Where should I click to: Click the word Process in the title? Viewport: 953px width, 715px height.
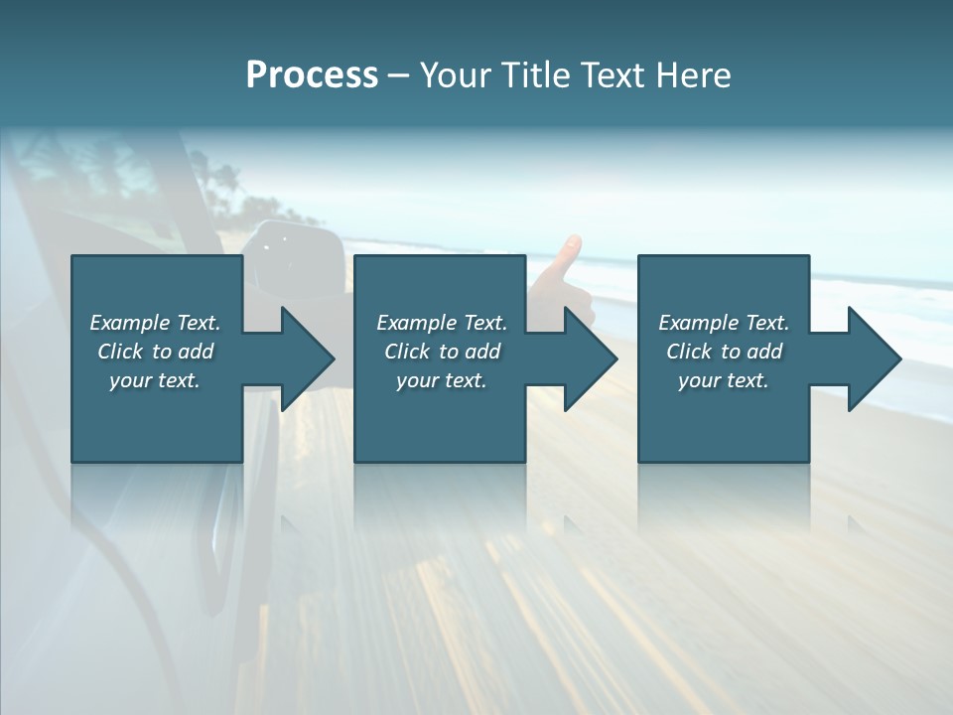tap(312, 75)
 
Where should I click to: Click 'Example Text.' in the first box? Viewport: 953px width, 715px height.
tap(155, 323)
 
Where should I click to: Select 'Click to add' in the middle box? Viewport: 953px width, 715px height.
tap(442, 352)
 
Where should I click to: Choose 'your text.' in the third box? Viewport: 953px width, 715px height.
tap(724, 380)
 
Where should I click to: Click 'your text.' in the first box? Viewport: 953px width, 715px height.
tap(155, 380)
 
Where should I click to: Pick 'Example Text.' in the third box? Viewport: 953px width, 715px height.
tap(724, 323)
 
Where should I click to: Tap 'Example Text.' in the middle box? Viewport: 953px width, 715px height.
tap(442, 323)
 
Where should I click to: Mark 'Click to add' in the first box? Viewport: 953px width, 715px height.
tap(155, 352)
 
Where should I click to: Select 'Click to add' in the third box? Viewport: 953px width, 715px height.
tap(724, 352)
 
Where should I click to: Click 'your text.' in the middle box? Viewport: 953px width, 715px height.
tap(442, 380)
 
